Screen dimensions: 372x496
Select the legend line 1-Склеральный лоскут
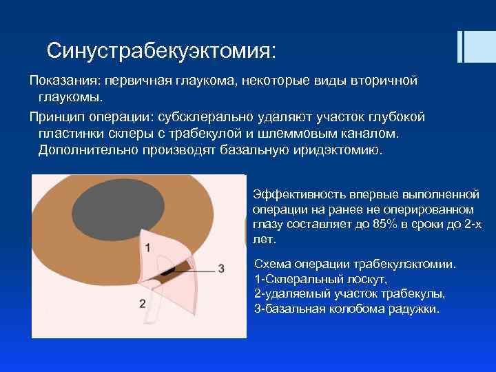(x=321, y=280)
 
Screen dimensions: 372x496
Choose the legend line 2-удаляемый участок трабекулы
(x=350, y=294)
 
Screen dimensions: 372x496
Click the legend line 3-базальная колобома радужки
(x=347, y=309)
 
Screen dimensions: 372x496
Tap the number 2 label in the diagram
(x=142, y=302)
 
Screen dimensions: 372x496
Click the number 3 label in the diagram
(x=221, y=267)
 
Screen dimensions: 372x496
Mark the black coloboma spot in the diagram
(x=167, y=271)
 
